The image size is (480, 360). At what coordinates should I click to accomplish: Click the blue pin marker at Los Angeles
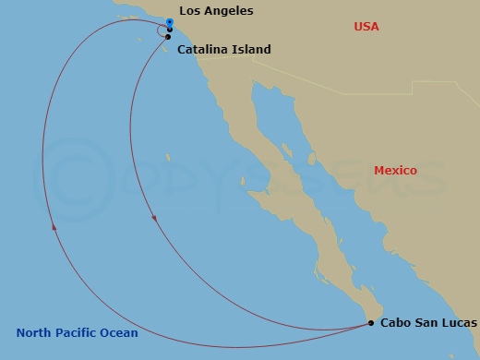170,21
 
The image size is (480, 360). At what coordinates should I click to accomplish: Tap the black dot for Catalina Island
168,37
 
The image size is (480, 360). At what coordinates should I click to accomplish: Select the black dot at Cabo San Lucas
371,323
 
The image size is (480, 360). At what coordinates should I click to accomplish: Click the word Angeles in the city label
228,11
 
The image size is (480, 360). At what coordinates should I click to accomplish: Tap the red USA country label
367,27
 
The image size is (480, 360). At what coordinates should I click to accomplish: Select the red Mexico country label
395,171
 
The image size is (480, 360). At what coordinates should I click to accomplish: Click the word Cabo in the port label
397,323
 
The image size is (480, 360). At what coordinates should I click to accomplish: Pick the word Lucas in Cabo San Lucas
459,323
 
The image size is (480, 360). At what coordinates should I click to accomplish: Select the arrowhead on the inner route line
154,219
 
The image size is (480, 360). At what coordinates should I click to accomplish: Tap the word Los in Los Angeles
189,11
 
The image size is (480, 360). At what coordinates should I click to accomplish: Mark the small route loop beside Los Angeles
162,30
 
